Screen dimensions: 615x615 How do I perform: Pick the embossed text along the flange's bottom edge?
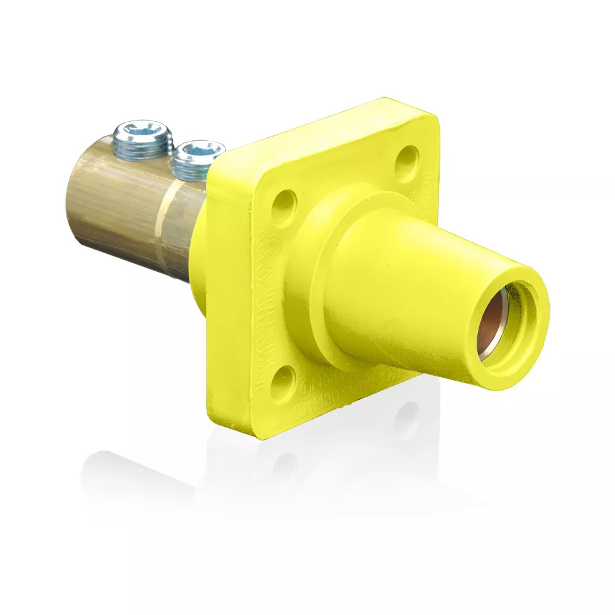click(332, 400)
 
